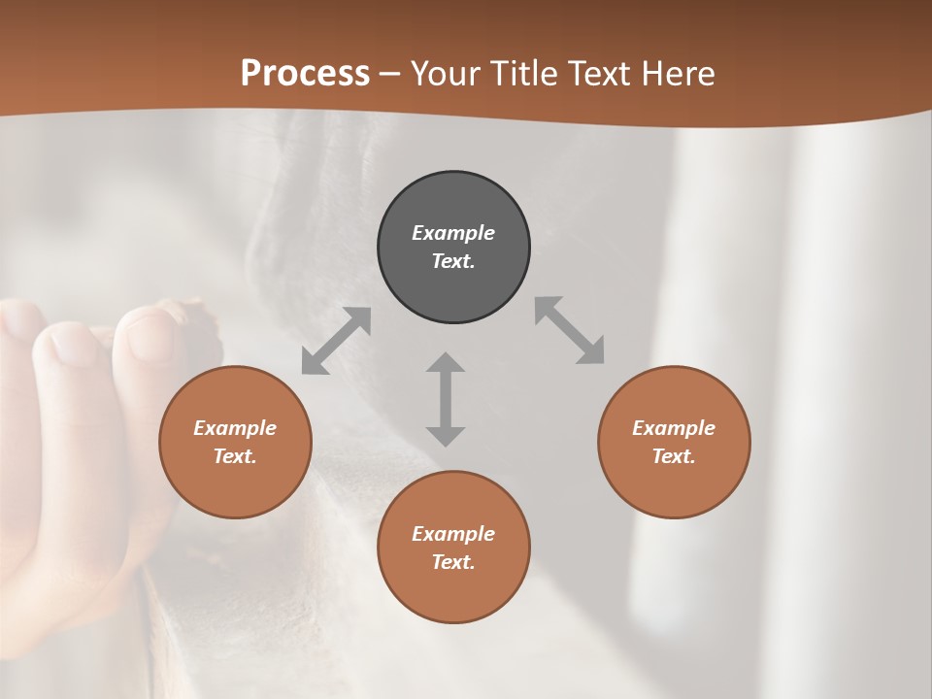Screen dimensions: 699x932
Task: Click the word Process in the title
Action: tap(305, 74)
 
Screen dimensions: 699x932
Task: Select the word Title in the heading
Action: tap(524, 74)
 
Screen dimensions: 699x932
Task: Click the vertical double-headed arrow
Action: tap(446, 399)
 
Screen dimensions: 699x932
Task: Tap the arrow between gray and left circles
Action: tap(336, 341)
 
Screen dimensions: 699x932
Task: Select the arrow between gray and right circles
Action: tap(569, 330)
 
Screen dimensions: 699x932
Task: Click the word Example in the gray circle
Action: tap(453, 233)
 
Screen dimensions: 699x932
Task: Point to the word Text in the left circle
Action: tap(235, 456)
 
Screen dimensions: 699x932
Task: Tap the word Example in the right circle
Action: tap(674, 428)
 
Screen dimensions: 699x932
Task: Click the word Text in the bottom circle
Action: tap(453, 562)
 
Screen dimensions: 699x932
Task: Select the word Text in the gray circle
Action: tap(453, 261)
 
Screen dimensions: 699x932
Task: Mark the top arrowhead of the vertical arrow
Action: tap(446, 363)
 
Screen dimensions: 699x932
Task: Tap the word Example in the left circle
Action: tap(235, 428)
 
